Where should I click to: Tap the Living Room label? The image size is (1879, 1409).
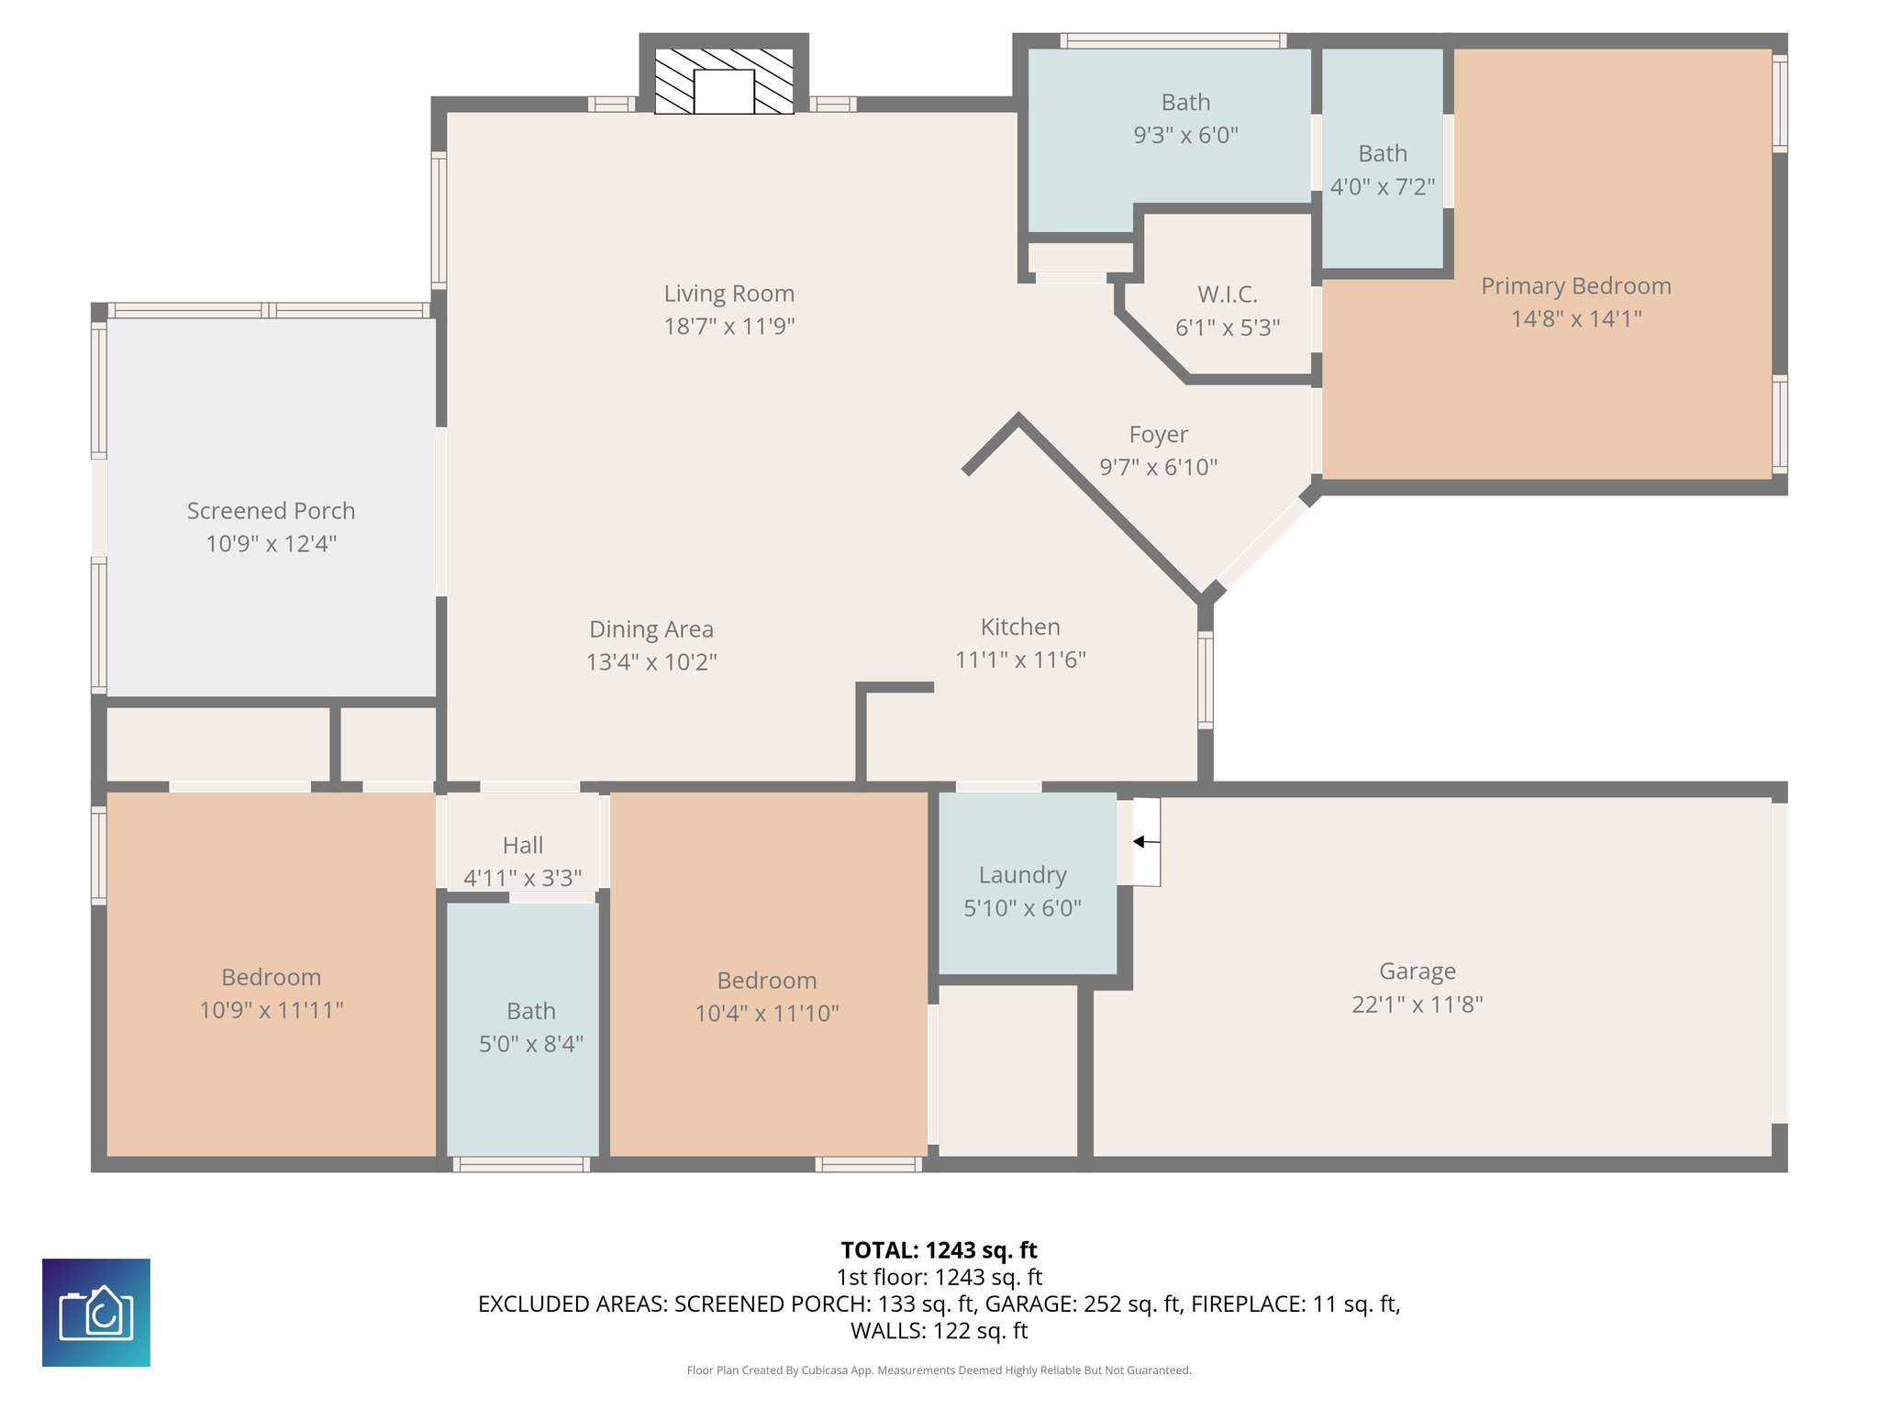[x=729, y=294]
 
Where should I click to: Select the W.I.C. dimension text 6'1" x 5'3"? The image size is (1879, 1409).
[x=1228, y=327]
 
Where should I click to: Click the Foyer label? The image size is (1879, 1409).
[x=1158, y=434]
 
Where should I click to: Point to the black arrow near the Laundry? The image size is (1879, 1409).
[x=1146, y=841]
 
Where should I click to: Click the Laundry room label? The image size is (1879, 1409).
[x=1022, y=875]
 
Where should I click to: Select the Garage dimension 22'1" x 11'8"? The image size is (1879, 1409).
[x=1417, y=1004]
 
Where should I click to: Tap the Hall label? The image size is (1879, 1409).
[x=523, y=845]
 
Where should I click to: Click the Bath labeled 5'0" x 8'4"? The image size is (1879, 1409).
[x=531, y=1011]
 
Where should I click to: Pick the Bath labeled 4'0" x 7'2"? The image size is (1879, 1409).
[x=1383, y=153]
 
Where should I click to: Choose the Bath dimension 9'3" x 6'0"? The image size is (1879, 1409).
[x=1185, y=136]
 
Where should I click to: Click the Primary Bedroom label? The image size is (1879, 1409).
[x=1575, y=286]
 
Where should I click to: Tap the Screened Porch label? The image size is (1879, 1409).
[x=271, y=511]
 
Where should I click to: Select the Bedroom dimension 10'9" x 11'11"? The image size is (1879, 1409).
[x=271, y=1010]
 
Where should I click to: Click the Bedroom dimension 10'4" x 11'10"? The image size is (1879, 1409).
[x=767, y=1014]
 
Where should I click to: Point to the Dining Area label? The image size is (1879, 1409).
[x=650, y=629]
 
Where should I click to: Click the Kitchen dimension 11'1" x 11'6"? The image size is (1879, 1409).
[x=1020, y=660]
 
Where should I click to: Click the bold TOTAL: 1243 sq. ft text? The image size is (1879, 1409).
[x=939, y=1250]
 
